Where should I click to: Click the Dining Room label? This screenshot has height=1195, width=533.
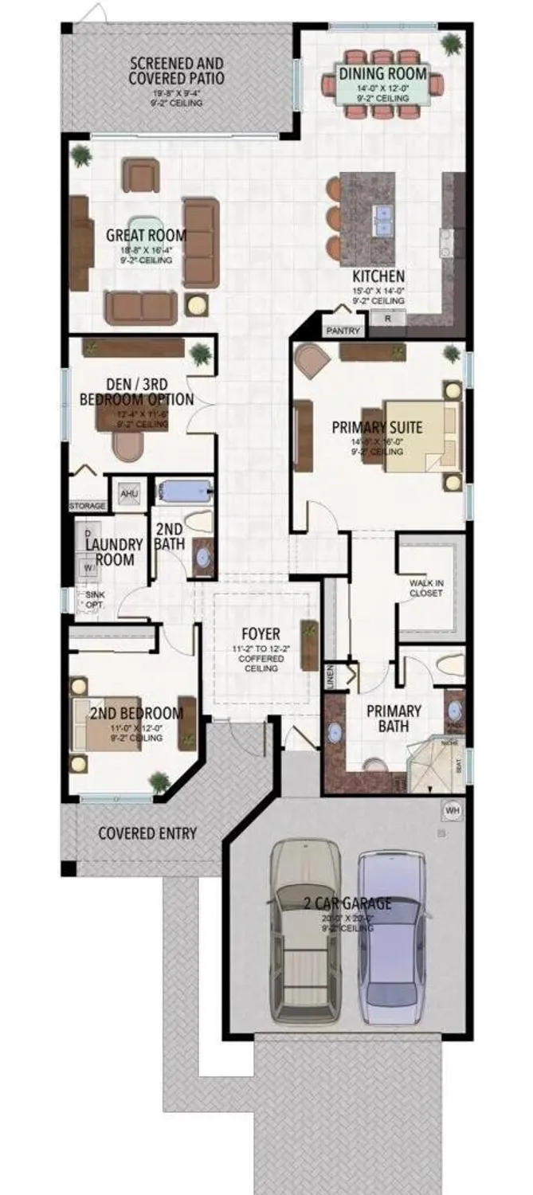(383, 74)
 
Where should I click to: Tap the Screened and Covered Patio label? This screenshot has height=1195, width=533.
(176, 71)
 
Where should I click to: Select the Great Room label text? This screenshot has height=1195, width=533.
(147, 235)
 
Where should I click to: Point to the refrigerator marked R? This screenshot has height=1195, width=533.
(388, 319)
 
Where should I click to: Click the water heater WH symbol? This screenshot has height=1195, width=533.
(453, 810)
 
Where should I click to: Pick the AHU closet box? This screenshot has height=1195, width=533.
(128, 494)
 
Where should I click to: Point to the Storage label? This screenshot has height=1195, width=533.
(87, 506)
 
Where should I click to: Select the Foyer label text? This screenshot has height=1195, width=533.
(261, 634)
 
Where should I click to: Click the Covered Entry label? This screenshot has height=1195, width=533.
(147, 833)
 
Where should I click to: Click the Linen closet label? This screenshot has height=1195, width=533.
(330, 676)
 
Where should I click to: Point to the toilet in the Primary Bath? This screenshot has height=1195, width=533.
(452, 664)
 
